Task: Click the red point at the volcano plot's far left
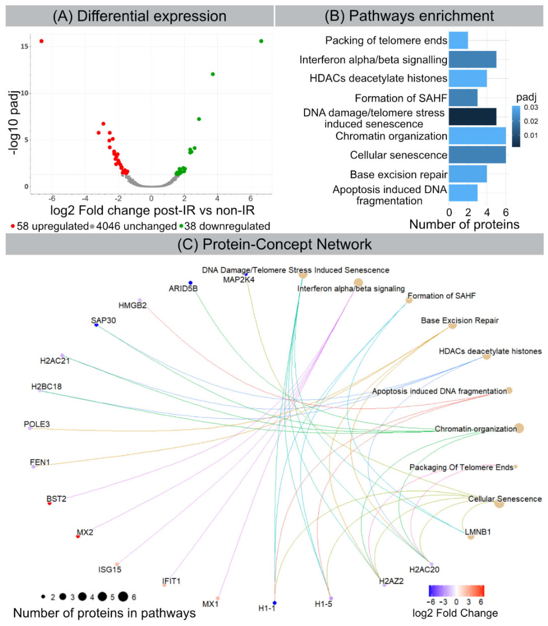coord(42,41)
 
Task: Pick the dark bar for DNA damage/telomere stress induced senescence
coord(472,117)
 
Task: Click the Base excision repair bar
coord(468,174)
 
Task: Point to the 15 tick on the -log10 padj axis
coord(25,47)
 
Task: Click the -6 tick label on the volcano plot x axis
coord(52,198)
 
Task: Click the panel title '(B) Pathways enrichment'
coord(409,16)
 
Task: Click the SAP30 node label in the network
coord(103,320)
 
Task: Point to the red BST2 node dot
coord(49,503)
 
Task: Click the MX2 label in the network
coord(85,532)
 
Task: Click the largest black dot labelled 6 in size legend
coord(123,596)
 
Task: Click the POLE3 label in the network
coord(37,424)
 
